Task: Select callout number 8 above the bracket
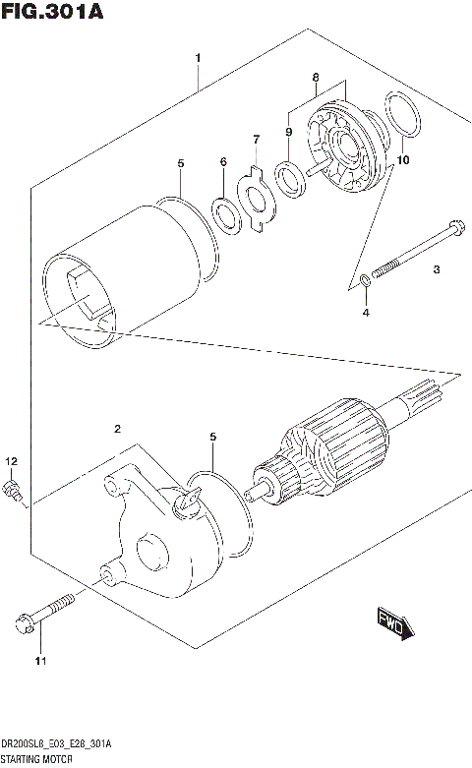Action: pyautogui.click(x=315, y=76)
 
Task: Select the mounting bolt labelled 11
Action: pyautogui.click(x=43, y=611)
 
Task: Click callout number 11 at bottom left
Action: pyautogui.click(x=40, y=660)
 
